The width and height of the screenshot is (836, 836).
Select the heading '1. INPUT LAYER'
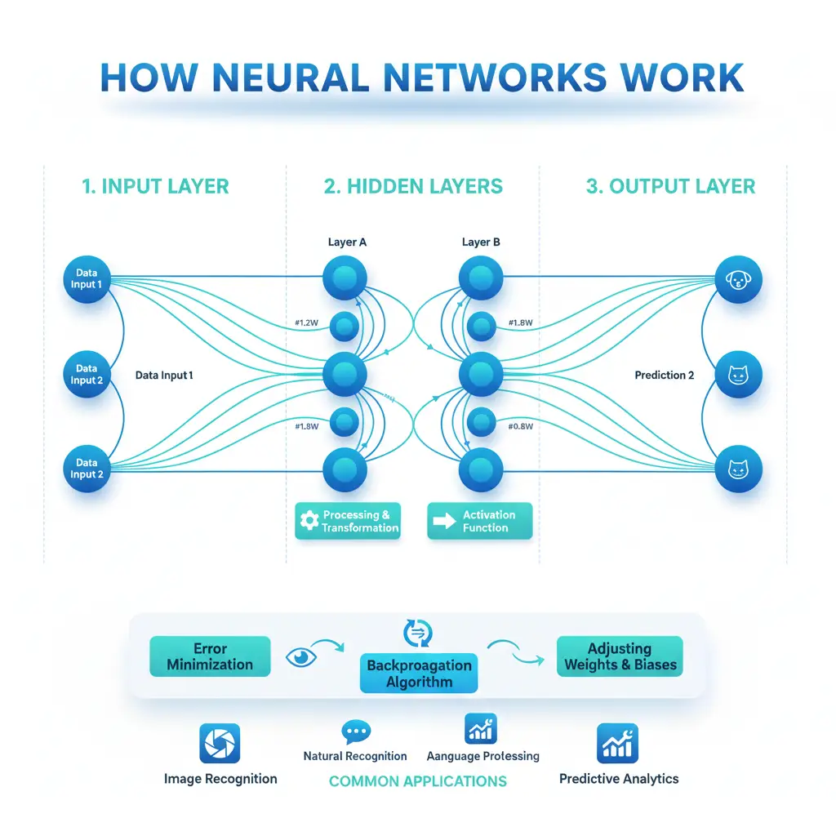(x=155, y=186)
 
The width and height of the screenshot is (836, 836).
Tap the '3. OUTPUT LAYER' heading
(x=670, y=186)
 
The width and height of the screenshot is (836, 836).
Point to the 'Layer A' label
(x=347, y=242)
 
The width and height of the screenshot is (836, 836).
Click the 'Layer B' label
(x=482, y=242)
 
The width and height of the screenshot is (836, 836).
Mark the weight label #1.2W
(x=307, y=322)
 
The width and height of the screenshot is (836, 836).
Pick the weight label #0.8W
(x=521, y=426)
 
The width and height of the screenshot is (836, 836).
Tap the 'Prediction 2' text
(x=664, y=376)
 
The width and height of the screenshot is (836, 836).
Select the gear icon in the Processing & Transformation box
(x=309, y=521)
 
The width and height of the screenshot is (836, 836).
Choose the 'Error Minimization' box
(x=210, y=657)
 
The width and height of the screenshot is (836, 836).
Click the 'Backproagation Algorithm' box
(x=419, y=674)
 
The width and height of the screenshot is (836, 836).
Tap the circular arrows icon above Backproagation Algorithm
(x=418, y=633)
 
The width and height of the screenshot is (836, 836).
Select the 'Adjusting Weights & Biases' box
(x=620, y=656)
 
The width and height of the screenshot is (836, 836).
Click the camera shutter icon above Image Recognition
(x=220, y=744)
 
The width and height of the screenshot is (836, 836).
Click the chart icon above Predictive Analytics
(x=618, y=743)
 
